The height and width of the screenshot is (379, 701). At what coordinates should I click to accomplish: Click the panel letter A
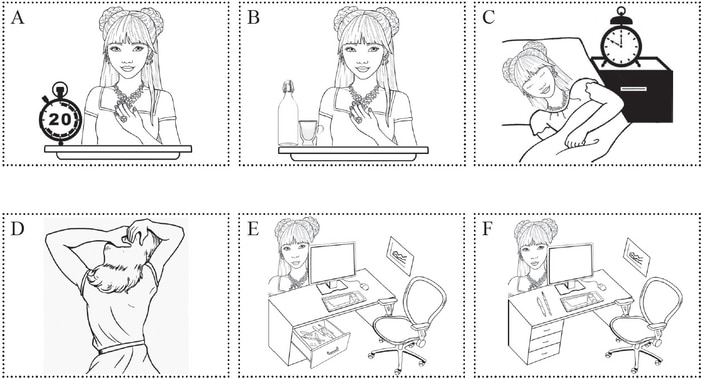(x=17, y=17)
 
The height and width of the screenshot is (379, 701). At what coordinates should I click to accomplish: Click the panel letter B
(x=253, y=17)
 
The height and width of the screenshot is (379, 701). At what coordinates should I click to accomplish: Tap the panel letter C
(x=489, y=17)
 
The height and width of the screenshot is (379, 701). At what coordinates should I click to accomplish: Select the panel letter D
(x=17, y=228)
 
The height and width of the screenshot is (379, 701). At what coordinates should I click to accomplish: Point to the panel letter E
(x=253, y=228)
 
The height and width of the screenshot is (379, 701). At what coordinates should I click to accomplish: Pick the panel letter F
(x=488, y=228)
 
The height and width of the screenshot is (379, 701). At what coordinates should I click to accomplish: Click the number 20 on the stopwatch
(x=59, y=119)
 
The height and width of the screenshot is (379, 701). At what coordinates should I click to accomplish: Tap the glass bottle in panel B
(x=288, y=113)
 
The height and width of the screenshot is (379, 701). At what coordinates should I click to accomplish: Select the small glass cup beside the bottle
(x=310, y=133)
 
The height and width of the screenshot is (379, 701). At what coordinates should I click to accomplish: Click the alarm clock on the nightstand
(x=621, y=38)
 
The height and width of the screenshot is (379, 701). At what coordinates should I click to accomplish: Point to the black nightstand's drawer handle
(x=633, y=89)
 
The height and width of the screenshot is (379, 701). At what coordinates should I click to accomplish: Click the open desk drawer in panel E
(x=320, y=342)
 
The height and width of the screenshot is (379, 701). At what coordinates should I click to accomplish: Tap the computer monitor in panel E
(x=332, y=267)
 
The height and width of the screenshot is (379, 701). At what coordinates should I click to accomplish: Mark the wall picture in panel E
(x=400, y=255)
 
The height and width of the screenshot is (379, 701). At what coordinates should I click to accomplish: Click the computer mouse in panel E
(x=365, y=286)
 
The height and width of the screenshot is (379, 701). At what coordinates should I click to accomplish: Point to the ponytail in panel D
(x=112, y=274)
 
